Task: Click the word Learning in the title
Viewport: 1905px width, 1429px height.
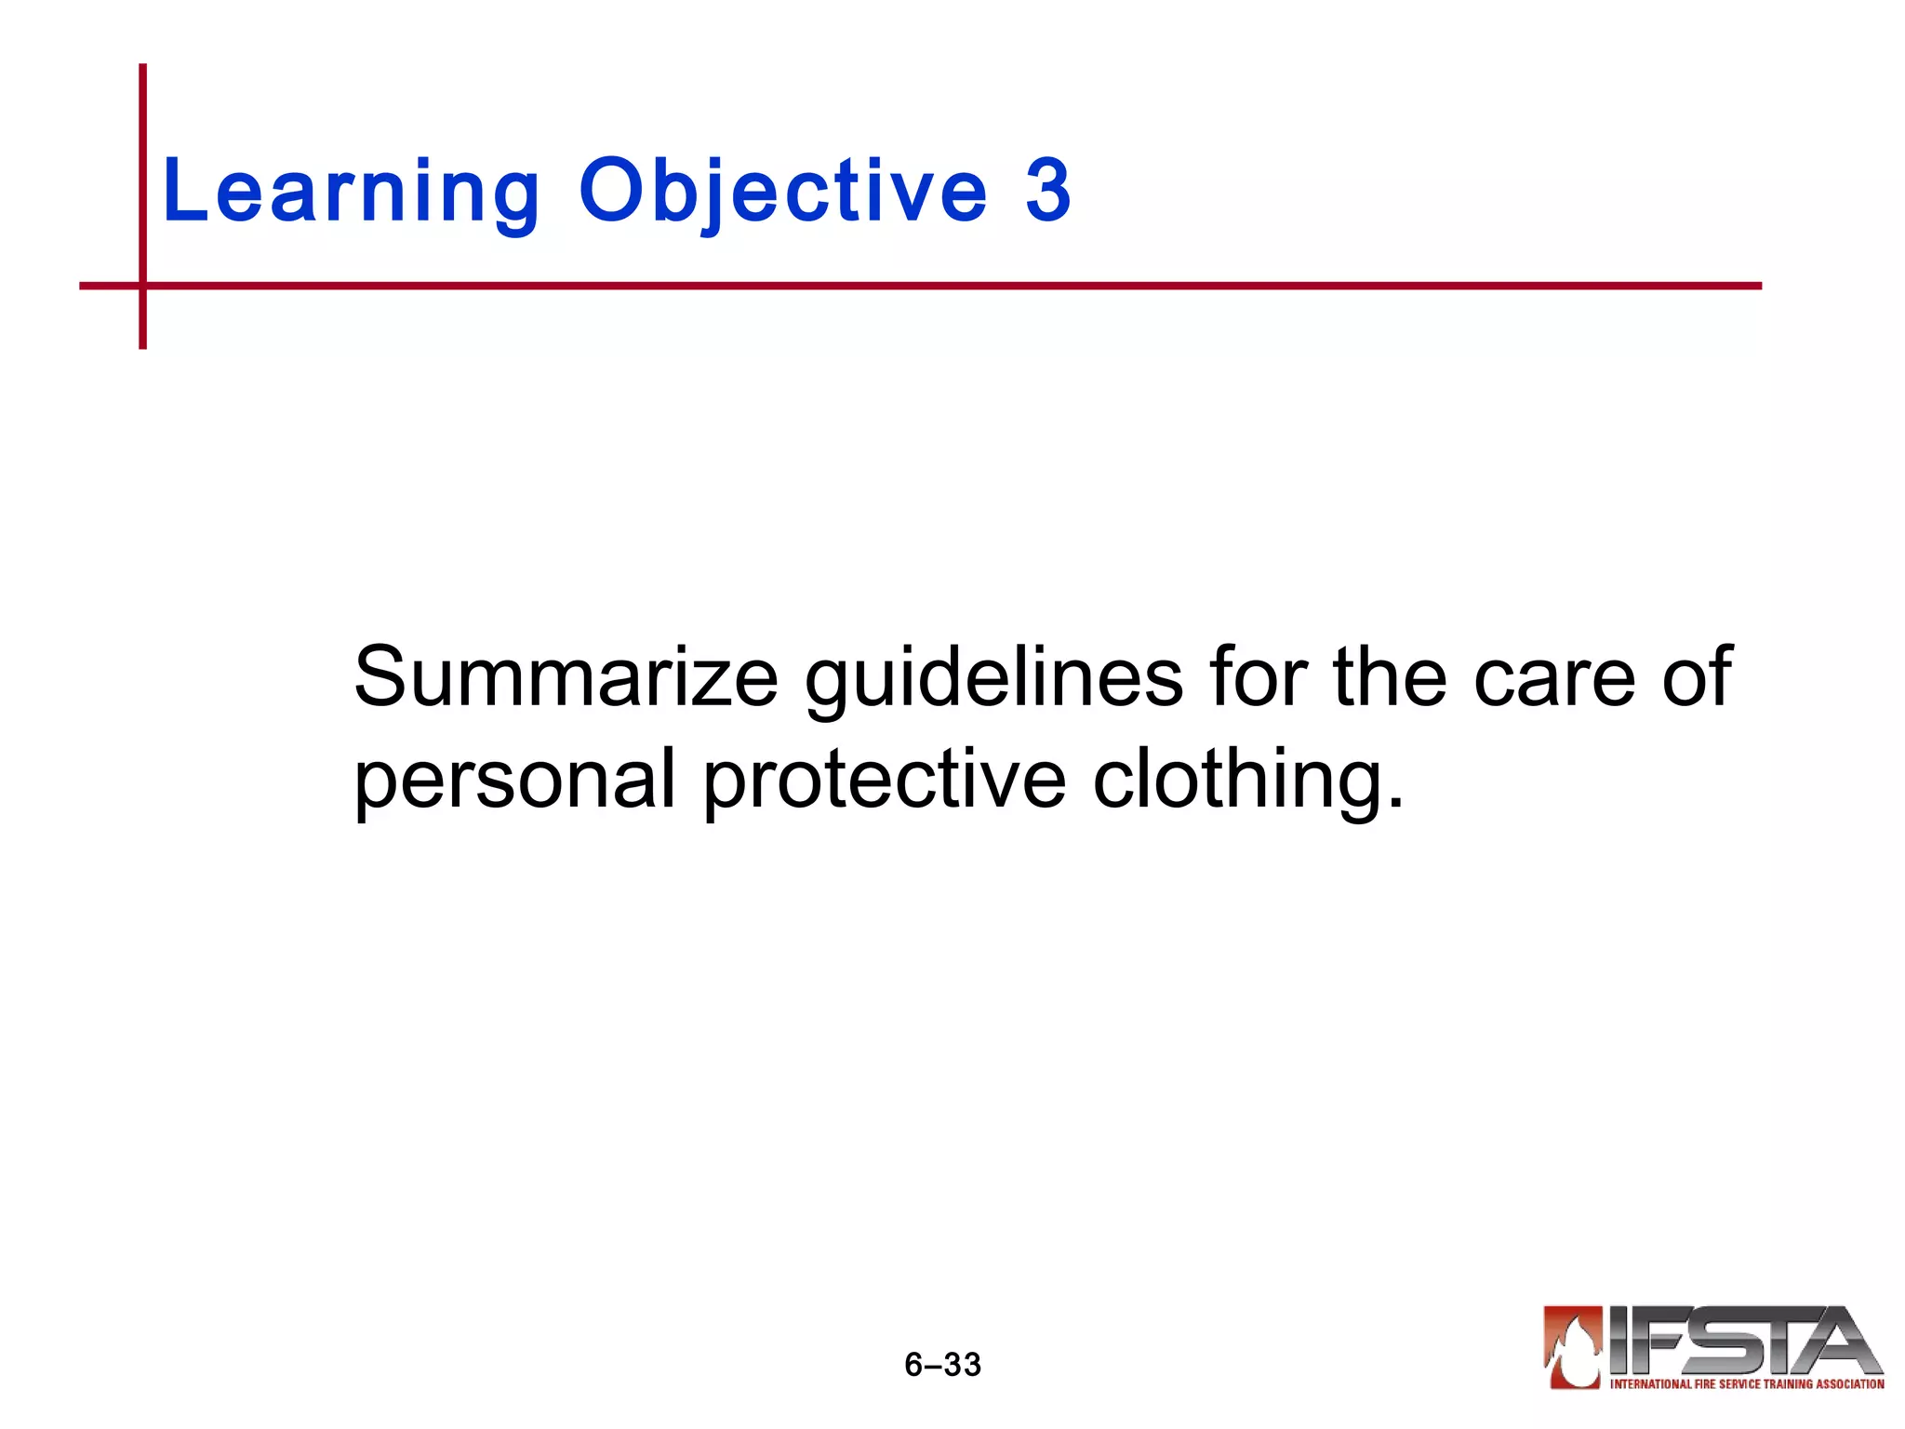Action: coord(351,191)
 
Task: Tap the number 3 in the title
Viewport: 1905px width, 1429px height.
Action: coord(1048,191)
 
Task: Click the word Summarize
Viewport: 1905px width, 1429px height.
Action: coord(566,677)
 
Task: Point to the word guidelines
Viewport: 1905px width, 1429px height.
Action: coord(993,677)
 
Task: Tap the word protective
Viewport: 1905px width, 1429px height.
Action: coord(884,780)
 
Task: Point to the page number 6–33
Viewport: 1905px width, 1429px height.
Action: coord(942,1365)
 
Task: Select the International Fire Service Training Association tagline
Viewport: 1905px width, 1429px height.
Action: coord(1746,1384)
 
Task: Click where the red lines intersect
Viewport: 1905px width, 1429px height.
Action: coord(142,286)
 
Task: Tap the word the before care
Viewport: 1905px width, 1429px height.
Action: coord(1390,677)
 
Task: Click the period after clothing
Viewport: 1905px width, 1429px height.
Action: coord(1394,802)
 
